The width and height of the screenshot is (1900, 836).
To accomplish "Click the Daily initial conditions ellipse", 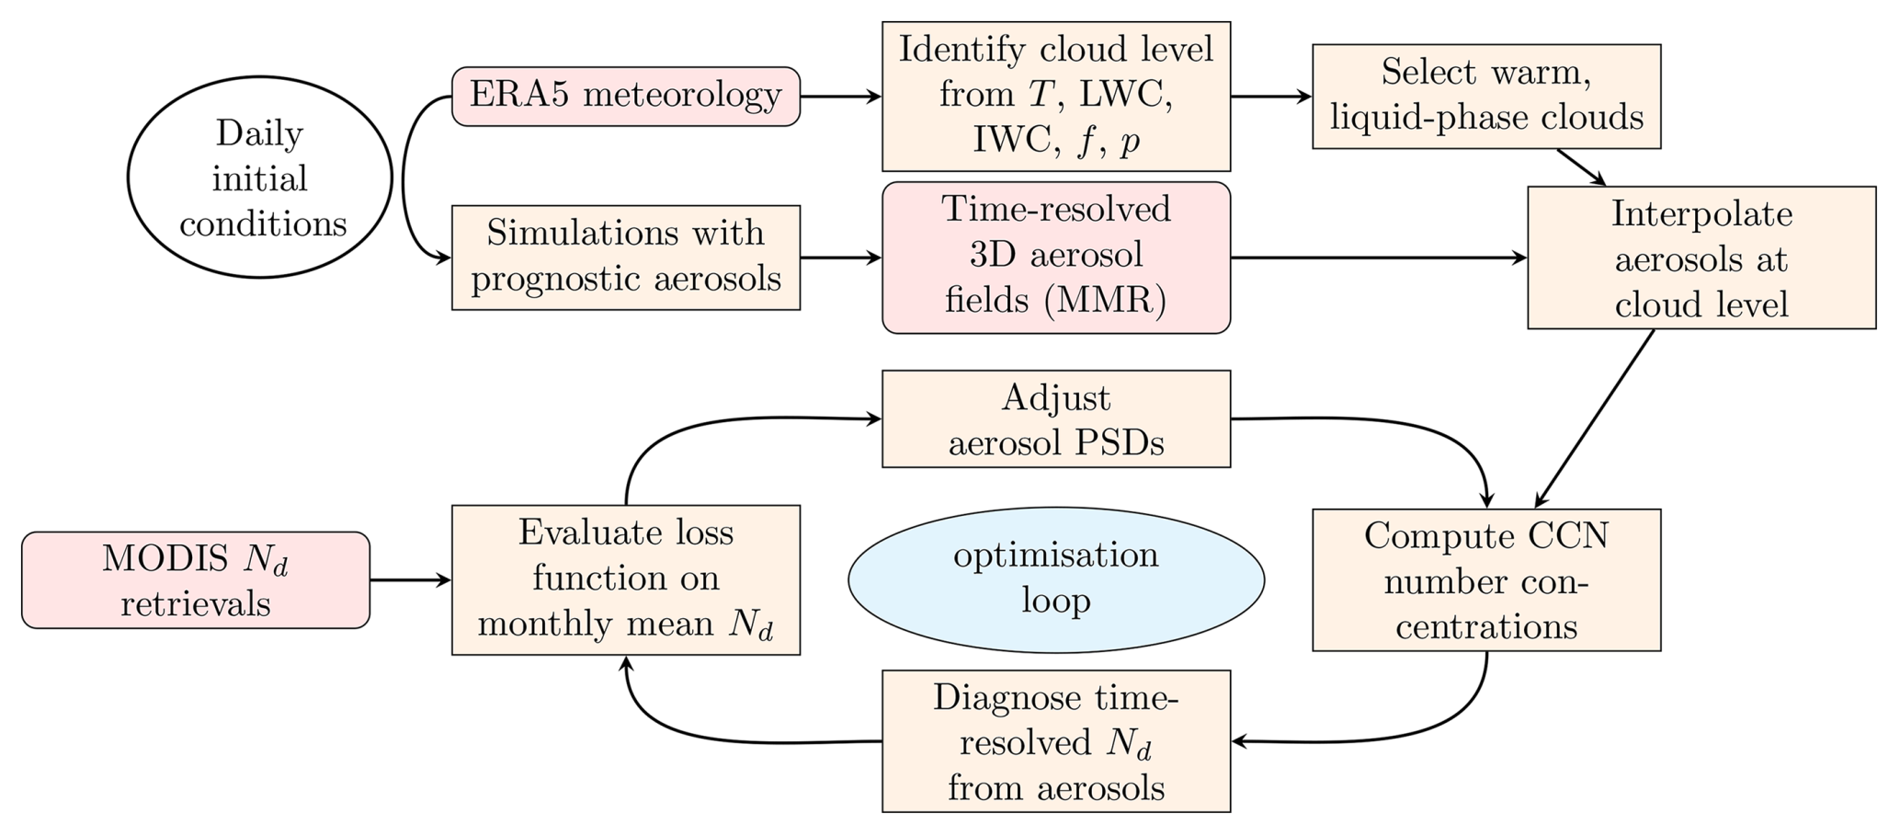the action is (x=260, y=178).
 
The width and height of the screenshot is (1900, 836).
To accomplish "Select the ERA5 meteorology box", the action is (x=626, y=96).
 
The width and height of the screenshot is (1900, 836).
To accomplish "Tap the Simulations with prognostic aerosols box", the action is (x=626, y=258).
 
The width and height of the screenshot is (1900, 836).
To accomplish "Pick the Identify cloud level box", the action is (x=1056, y=97).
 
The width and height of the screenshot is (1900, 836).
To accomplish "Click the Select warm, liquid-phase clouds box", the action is (x=1486, y=96).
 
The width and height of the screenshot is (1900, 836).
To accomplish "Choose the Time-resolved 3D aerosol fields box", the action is (x=1056, y=258).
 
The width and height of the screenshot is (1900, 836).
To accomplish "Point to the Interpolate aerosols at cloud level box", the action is (x=1701, y=258).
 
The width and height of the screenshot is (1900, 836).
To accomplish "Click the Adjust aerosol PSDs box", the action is (x=1056, y=419).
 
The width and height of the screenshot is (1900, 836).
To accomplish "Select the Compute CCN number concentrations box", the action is (x=1486, y=580).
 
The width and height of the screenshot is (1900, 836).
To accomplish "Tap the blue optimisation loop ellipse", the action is (x=1056, y=580).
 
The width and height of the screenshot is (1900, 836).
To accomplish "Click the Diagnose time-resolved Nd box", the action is (x=1056, y=741).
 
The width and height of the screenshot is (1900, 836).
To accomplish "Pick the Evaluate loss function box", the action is (x=626, y=580).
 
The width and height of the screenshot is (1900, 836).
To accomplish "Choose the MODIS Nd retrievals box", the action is (x=196, y=580).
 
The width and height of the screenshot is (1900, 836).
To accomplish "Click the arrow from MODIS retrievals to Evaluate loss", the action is (x=411, y=580).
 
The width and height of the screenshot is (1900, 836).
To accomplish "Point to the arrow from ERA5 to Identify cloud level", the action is (x=841, y=96).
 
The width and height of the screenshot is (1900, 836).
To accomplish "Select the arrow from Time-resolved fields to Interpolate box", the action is (x=1379, y=258).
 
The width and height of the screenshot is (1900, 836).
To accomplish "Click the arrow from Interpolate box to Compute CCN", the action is (x=1595, y=418).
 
